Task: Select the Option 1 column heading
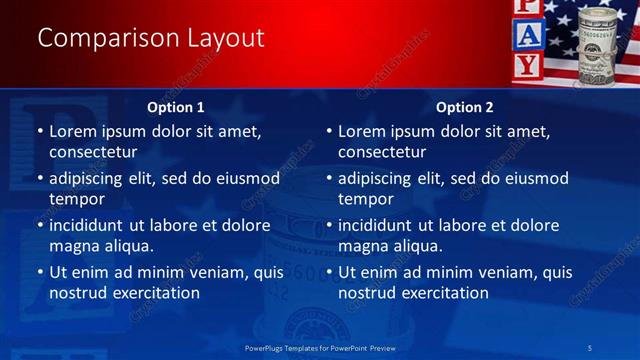click(176, 107)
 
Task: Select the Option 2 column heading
click(465, 107)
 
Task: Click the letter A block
click(529, 37)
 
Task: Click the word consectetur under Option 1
click(93, 153)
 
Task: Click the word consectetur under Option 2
click(382, 153)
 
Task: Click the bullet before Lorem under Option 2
click(328, 132)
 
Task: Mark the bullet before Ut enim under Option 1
click(39, 272)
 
